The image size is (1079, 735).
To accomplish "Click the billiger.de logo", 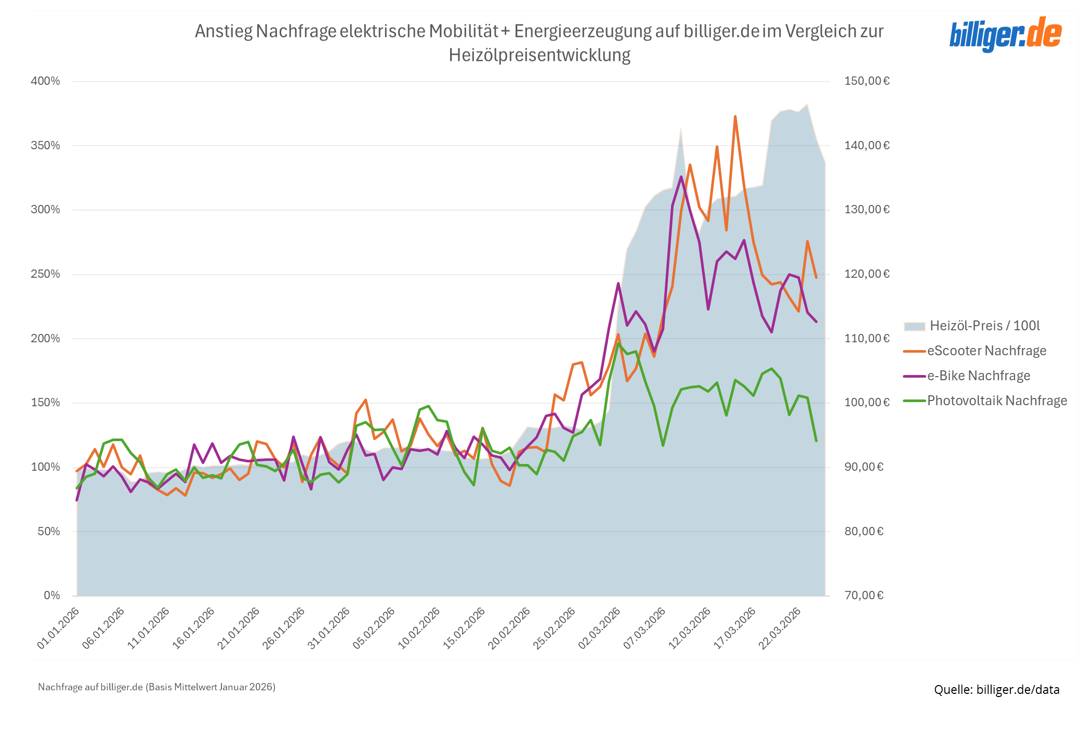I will click(1005, 34).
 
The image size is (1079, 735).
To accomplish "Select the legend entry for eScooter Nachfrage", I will click(986, 351).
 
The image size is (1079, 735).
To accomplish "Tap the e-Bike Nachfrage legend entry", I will click(978, 376).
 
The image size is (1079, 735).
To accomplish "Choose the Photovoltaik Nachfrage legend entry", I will click(996, 401).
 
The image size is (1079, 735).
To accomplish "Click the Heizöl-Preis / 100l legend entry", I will click(984, 326).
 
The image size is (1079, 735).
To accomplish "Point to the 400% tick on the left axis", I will click(46, 81).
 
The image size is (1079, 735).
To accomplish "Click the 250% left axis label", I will click(46, 274).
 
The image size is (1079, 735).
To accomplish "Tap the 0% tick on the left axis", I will click(51, 596).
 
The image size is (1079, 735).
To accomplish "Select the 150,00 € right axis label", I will click(866, 81).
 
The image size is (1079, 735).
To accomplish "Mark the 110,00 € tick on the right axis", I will click(866, 339).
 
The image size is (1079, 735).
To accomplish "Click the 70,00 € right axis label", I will click(863, 596).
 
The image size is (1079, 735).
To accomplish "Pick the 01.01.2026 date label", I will click(58, 628).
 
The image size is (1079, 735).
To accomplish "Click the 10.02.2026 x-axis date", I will click(419, 628).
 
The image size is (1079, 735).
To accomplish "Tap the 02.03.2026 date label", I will click(599, 628).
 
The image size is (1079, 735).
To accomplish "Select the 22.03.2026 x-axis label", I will click(780, 628).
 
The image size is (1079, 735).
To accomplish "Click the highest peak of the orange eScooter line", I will click(735, 117).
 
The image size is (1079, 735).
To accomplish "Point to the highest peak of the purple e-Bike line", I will click(681, 177).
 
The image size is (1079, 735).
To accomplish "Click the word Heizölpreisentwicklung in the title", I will click(539, 55).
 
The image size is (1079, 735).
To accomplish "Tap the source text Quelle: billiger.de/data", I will click(996, 690).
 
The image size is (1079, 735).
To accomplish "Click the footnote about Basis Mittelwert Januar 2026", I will click(156, 687).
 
